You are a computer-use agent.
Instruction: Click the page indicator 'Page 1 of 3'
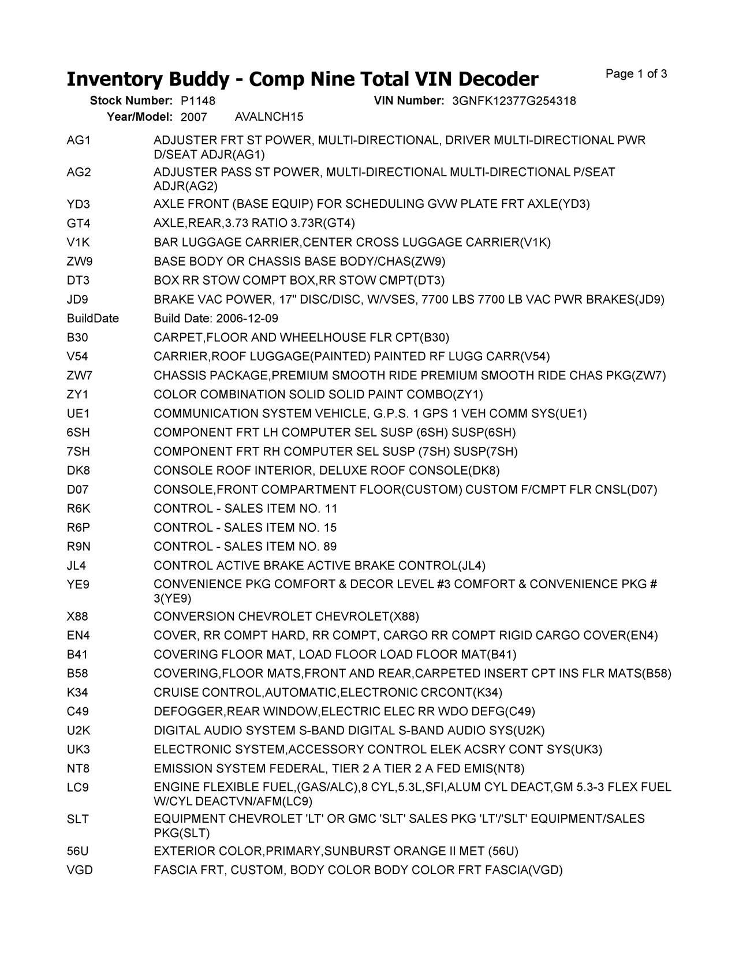click(636, 74)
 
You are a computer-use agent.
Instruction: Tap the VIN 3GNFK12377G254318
click(514, 101)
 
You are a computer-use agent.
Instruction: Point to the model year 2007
click(193, 117)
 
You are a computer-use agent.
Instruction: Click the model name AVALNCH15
click(269, 117)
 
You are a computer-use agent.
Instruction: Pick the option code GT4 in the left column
click(79, 223)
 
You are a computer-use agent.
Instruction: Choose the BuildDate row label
click(93, 319)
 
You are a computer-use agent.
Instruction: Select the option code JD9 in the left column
click(78, 300)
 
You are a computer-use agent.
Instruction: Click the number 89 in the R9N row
click(330, 547)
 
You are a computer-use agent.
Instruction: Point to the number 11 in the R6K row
click(330, 509)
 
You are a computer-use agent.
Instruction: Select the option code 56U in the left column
click(79, 852)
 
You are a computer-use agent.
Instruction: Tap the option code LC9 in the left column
click(78, 787)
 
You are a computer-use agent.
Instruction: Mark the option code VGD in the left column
click(80, 871)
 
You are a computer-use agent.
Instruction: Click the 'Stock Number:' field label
click(131, 101)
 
